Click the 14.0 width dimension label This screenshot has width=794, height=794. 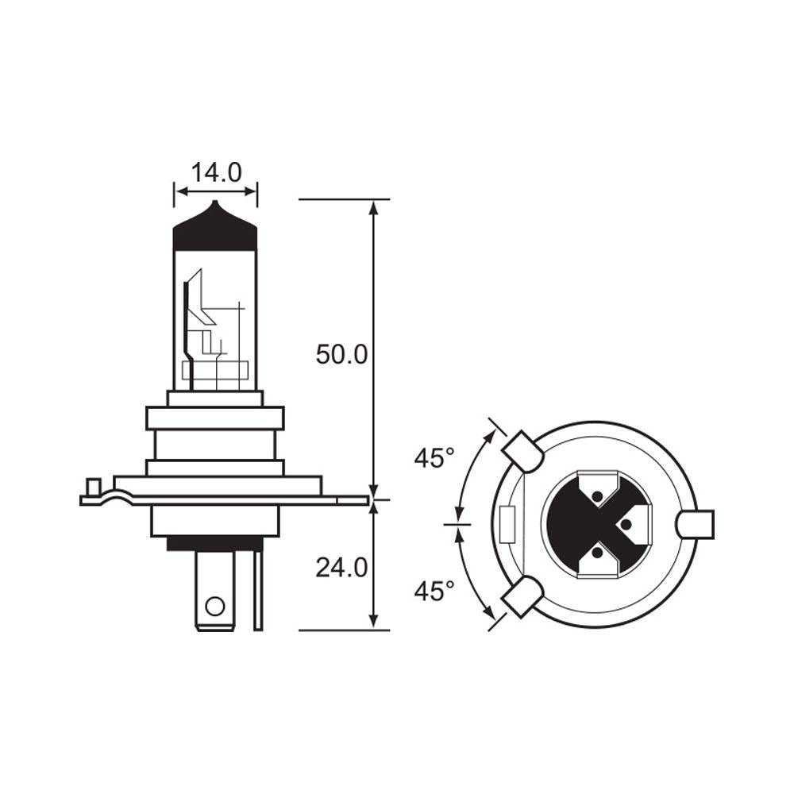(x=216, y=172)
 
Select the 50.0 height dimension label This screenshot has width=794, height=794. (x=341, y=354)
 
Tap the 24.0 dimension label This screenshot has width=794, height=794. (x=341, y=567)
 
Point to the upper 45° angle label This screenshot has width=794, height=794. (x=434, y=458)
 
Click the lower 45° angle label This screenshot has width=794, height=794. (x=434, y=590)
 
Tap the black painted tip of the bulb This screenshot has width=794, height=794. (x=215, y=228)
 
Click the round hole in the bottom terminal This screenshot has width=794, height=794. (x=214, y=607)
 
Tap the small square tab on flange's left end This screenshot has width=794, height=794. (x=93, y=486)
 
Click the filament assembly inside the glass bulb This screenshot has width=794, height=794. (x=210, y=333)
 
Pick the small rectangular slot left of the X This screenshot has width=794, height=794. (x=507, y=524)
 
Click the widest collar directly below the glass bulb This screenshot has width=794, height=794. (x=214, y=418)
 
